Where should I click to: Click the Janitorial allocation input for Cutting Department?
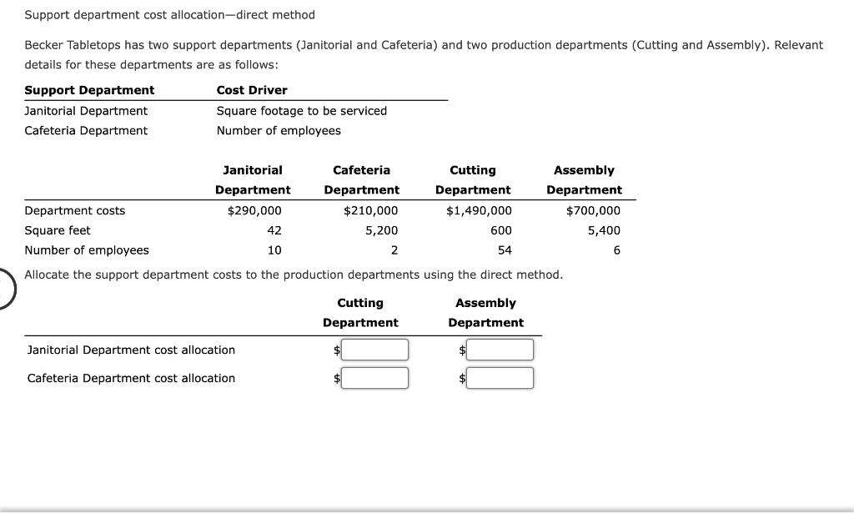374,350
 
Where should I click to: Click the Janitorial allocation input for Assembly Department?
500,350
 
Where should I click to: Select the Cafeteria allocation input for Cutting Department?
374,378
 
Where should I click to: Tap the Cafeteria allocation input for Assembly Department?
500,378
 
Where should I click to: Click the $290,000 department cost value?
254,210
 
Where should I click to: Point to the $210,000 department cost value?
371,210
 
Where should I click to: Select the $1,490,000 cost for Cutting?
480,210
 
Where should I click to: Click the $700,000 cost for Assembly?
593,210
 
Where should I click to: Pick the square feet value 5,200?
382,230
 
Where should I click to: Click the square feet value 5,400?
605,230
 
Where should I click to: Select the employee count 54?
505,250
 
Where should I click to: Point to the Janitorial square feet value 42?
274,230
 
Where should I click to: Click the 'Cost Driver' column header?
252,90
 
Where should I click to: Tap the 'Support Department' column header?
89,90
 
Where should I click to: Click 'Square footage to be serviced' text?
302,110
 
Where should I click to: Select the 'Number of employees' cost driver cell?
279,130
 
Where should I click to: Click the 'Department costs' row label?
75,210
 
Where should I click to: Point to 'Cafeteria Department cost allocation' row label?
131,378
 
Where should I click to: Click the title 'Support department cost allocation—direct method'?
170,15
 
